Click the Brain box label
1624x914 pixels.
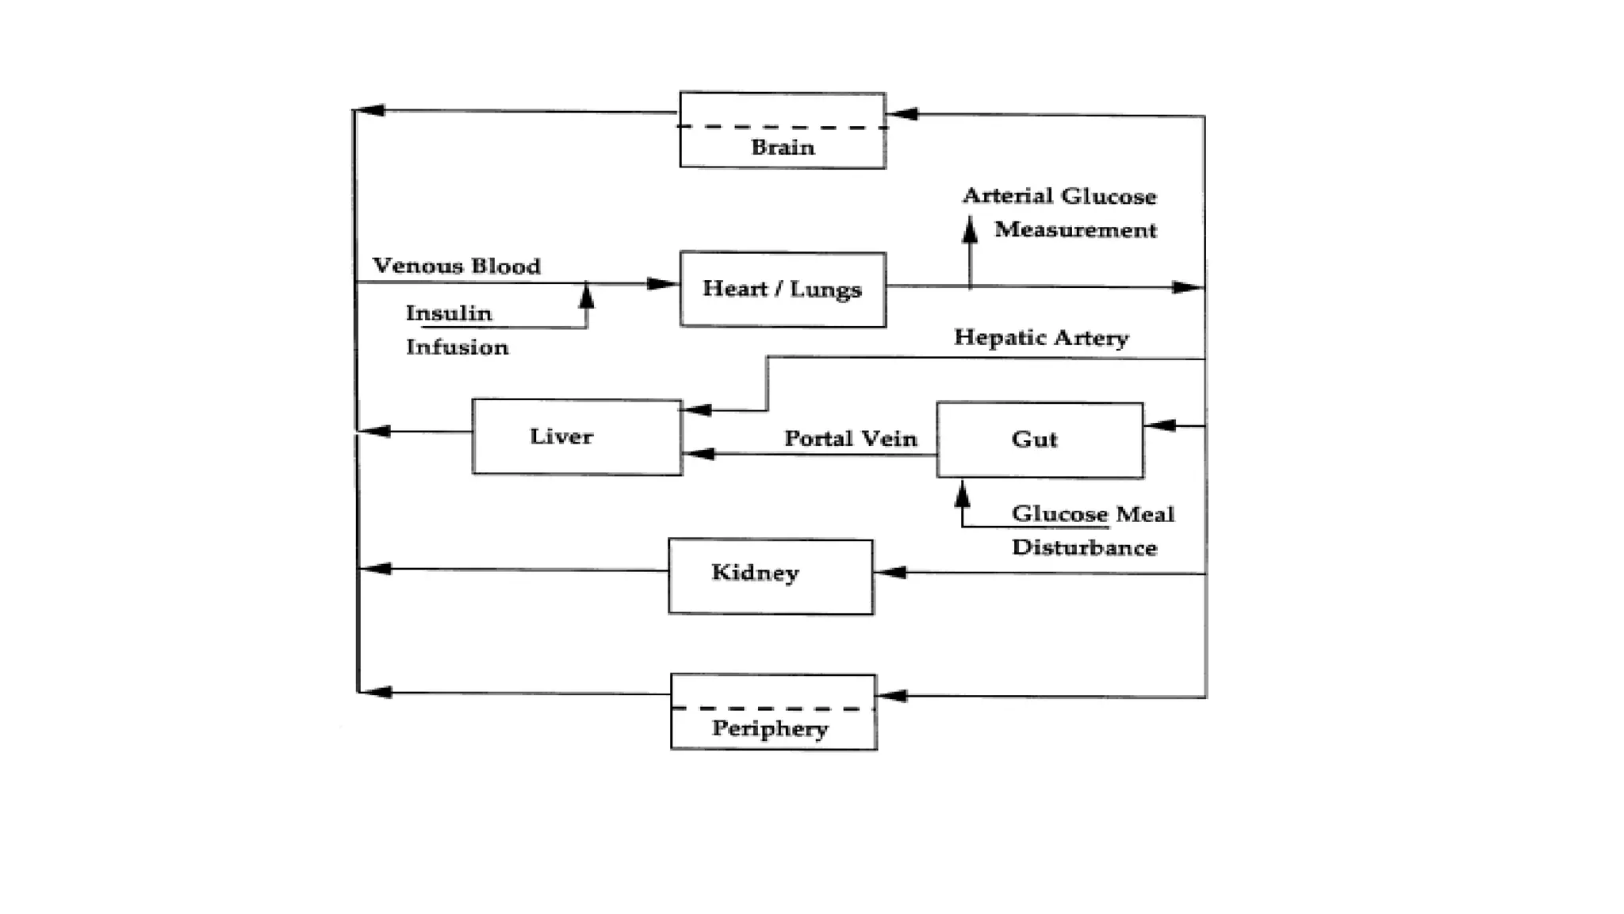click(783, 148)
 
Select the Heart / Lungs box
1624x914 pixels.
click(783, 289)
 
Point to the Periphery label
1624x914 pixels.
click(770, 728)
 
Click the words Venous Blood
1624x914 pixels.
click(457, 266)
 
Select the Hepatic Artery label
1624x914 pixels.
click(1041, 337)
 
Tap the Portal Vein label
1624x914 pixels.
click(850, 439)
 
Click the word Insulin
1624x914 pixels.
click(449, 313)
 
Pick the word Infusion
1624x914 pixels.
click(457, 348)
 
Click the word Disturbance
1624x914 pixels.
click(1084, 548)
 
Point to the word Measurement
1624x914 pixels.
click(1075, 230)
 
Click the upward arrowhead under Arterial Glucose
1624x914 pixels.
click(969, 229)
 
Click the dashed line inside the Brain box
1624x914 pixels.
click(783, 127)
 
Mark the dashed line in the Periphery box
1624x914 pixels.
click(773, 709)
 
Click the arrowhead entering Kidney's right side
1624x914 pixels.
click(890, 572)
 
